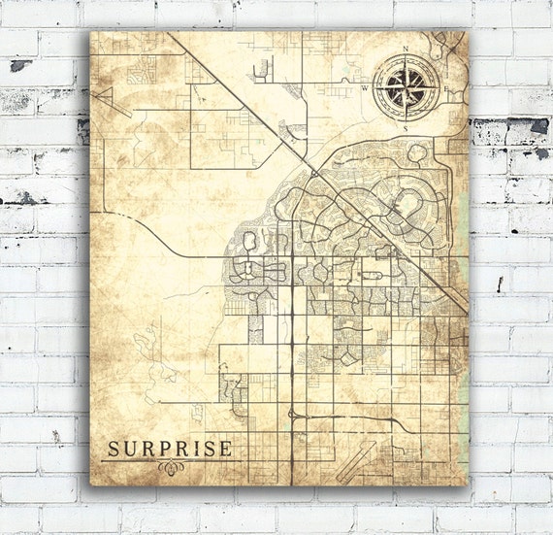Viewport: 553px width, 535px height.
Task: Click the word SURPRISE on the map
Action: click(169, 449)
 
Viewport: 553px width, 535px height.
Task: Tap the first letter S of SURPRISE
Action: click(113, 449)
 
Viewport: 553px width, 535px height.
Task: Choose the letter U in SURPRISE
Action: click(129, 449)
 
